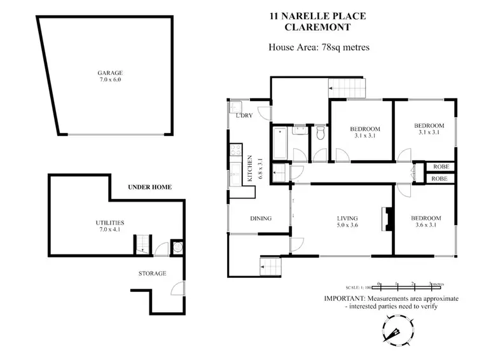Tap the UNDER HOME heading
point(150,188)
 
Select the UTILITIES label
point(109,222)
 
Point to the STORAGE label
point(152,273)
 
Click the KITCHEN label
point(251,168)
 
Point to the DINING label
point(261,219)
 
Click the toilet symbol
point(321,133)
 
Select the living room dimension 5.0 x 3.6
point(348,225)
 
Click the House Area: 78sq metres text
point(319,46)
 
